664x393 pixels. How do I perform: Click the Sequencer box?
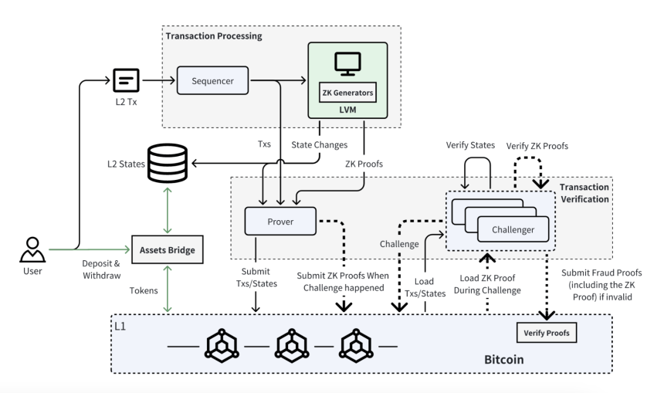(212, 80)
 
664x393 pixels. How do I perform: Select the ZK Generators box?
(347, 93)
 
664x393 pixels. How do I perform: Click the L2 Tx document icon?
(126, 80)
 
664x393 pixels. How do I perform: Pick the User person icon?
(32, 250)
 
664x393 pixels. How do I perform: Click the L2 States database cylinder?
(168, 164)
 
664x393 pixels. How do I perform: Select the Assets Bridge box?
(168, 250)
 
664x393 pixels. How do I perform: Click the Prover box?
(280, 221)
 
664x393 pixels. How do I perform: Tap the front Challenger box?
(513, 229)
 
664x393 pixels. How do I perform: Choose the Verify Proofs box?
(547, 333)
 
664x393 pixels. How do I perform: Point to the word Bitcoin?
(504, 360)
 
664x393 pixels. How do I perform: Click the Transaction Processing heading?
(214, 36)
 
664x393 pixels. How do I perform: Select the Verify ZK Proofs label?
(537, 146)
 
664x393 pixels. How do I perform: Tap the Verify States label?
(470, 145)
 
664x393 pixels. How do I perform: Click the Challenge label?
(399, 244)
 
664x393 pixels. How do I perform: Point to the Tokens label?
(144, 290)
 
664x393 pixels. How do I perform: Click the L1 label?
(120, 326)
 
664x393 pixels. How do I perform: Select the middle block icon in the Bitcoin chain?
(292, 346)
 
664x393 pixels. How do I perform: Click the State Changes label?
(320, 145)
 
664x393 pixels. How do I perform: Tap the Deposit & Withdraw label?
(101, 269)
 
